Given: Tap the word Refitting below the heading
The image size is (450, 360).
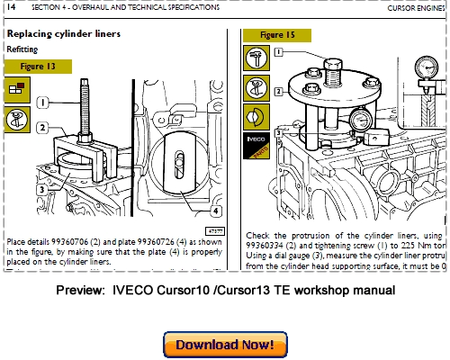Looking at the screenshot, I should point(22,49).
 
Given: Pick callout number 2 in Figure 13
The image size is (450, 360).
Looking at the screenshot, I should point(42,129).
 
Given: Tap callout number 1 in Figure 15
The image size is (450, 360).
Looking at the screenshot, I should point(278,53).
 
